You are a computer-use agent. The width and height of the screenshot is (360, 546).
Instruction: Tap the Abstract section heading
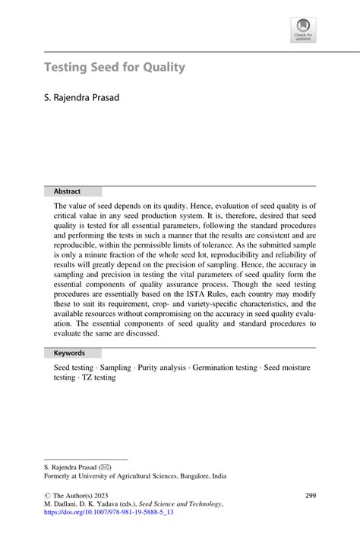point(67,191)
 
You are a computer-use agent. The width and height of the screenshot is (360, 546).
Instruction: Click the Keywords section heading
point(69,353)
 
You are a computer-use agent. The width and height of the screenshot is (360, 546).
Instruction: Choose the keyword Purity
point(150,367)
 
